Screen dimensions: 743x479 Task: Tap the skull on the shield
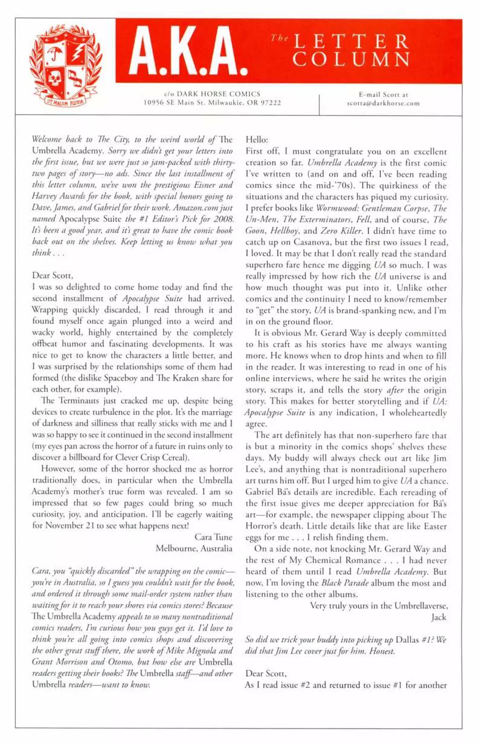[54, 77]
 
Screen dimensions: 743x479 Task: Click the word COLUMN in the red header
[361, 60]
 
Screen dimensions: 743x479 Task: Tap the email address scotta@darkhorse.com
[383, 103]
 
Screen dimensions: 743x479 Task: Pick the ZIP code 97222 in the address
[270, 103]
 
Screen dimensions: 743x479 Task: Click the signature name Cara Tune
[213, 536]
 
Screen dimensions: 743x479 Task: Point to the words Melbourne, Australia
[194, 548]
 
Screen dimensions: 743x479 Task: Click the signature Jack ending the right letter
[439, 617]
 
